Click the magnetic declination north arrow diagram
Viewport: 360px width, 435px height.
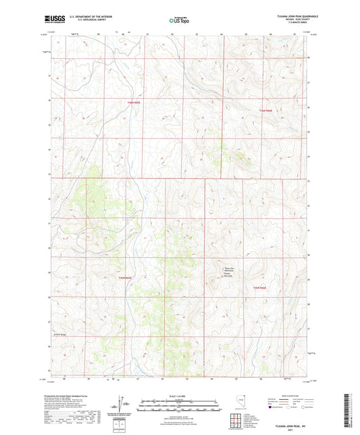point(121,407)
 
